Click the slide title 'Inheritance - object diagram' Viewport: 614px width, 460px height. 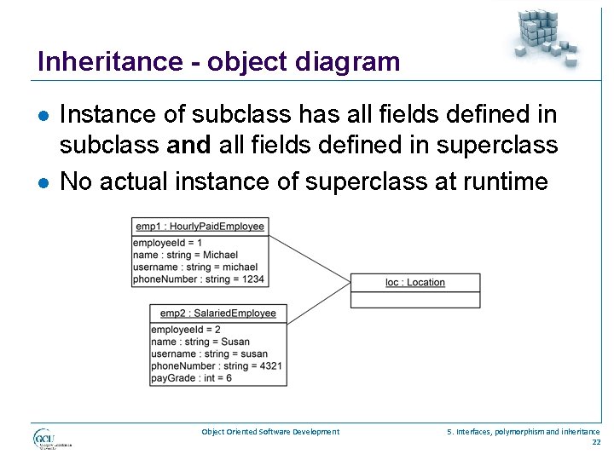pyautogui.click(x=218, y=62)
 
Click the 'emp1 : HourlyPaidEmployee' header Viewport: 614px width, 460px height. pyautogui.click(x=200, y=226)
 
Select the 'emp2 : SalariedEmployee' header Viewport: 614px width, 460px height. pyautogui.click(x=218, y=313)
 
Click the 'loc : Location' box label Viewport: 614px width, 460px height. pyautogui.click(x=414, y=282)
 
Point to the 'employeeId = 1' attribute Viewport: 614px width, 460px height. pyautogui.click(x=168, y=243)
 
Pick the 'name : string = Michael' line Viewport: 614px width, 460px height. pyautogui.click(x=185, y=255)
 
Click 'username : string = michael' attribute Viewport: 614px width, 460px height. pyautogui.click(x=195, y=267)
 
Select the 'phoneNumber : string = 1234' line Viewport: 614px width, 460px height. pyautogui.click(x=199, y=279)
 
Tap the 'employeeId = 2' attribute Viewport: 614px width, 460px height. pyautogui.click(x=186, y=330)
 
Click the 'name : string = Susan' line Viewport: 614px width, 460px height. pyautogui.click(x=200, y=342)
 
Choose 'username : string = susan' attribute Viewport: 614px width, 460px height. pyautogui.click(x=209, y=354)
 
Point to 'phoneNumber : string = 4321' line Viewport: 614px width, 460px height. pyautogui.click(x=217, y=365)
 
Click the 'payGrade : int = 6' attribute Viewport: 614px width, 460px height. pyautogui.click(x=191, y=377)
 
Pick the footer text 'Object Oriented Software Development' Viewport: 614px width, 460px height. pyautogui.click(x=270, y=432)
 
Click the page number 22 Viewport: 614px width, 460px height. pyautogui.click(x=595, y=442)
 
